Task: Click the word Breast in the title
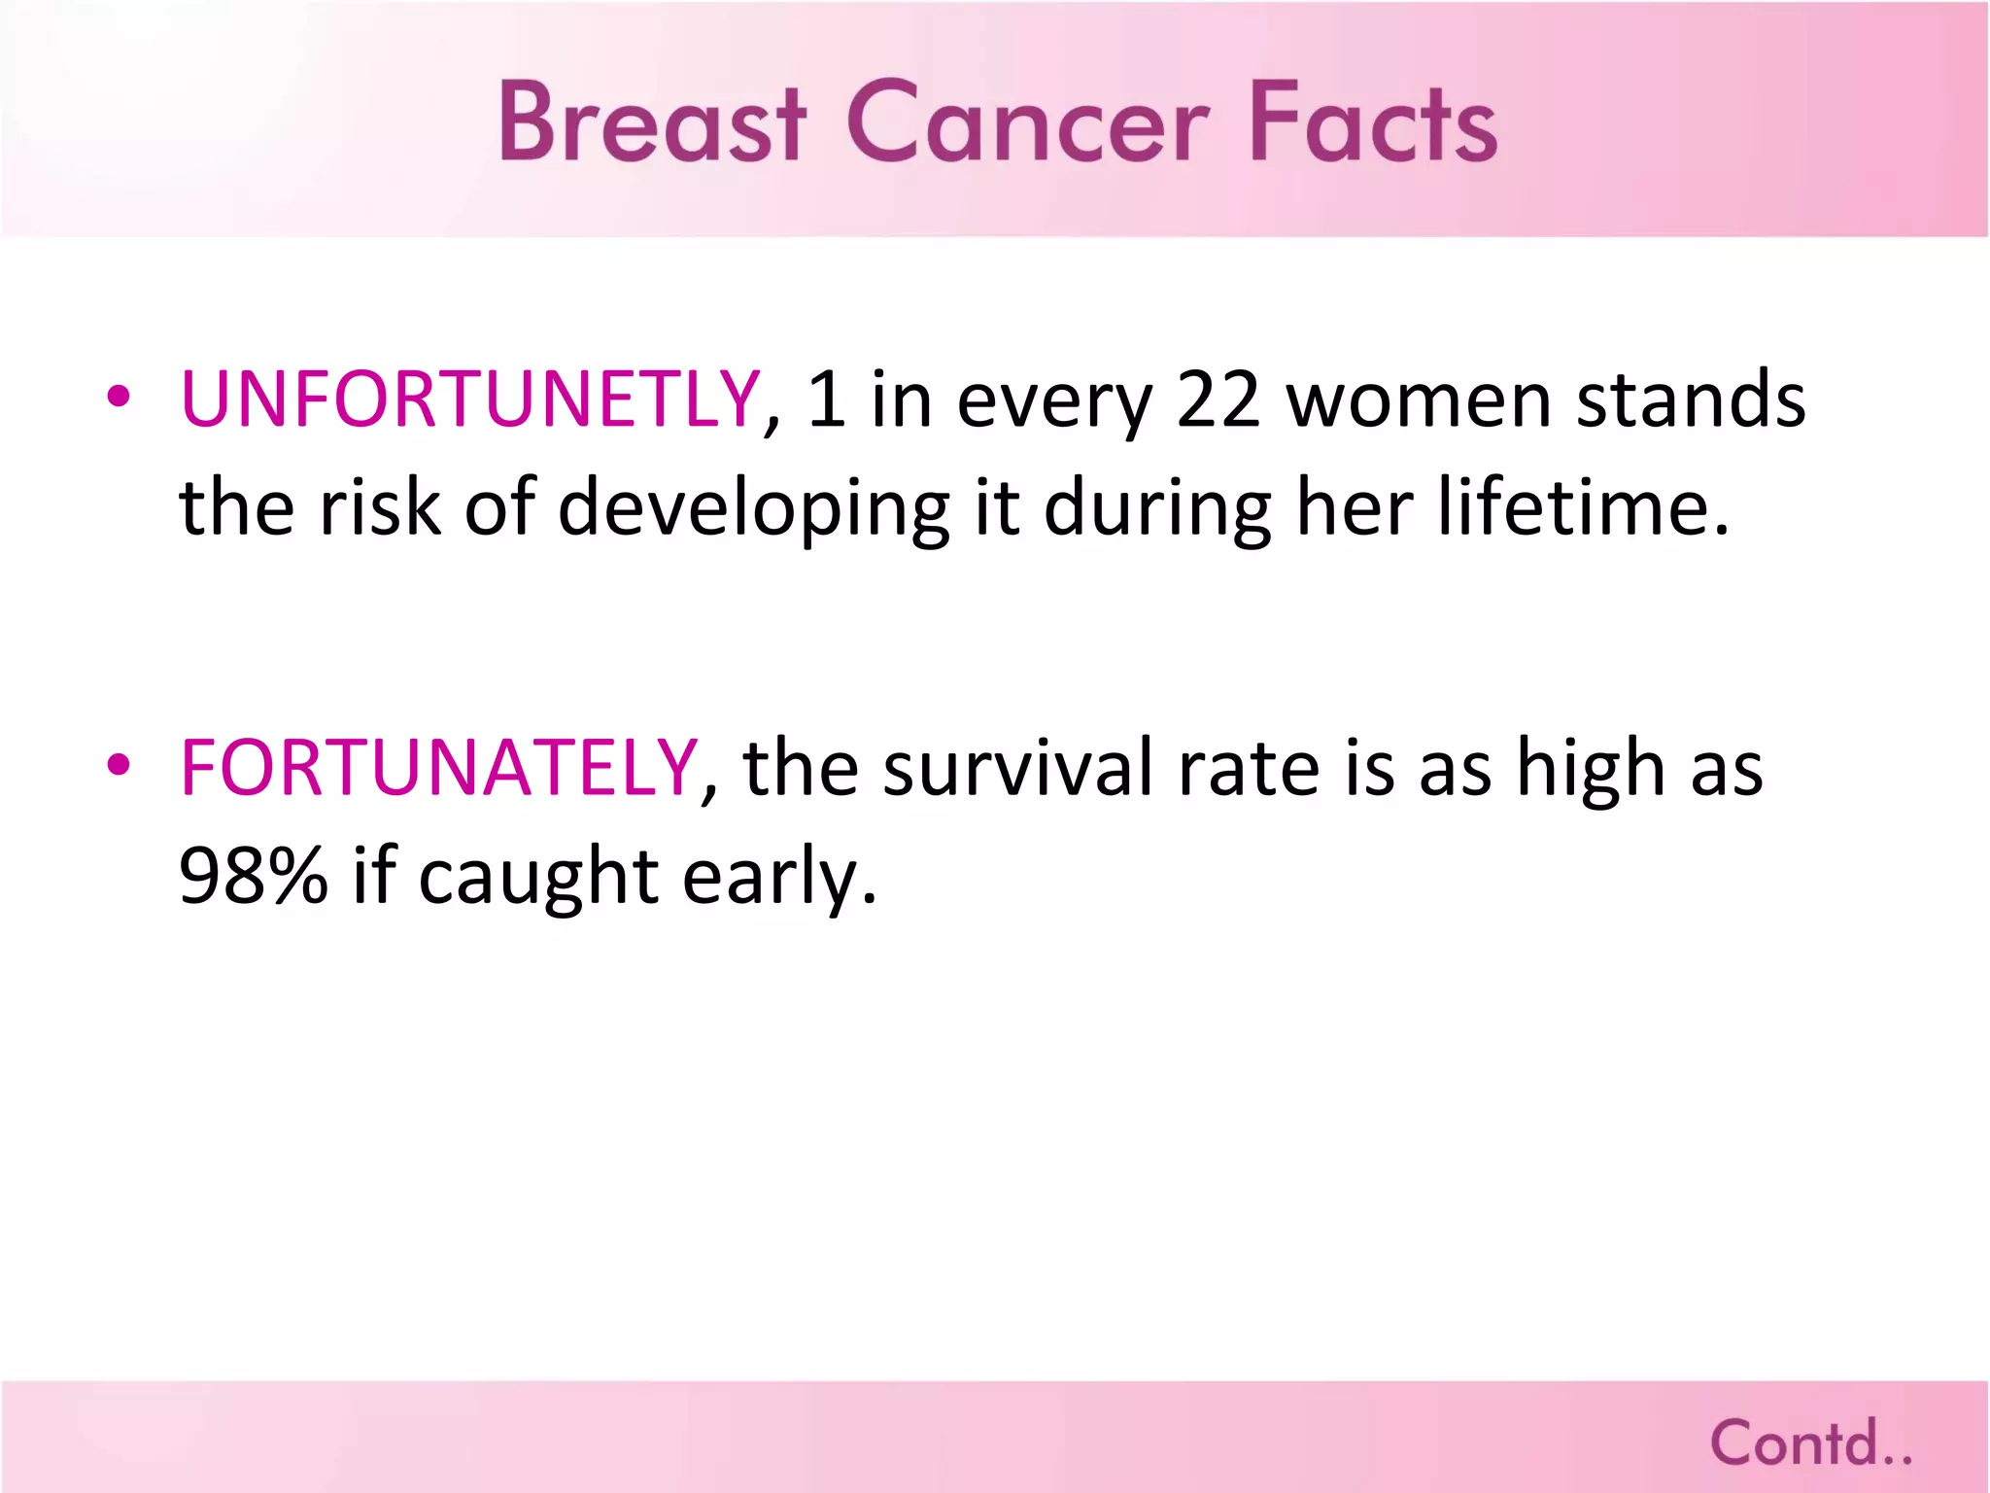pyautogui.click(x=652, y=122)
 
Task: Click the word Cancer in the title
pyautogui.click(x=1028, y=122)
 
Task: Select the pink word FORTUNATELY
pyautogui.click(x=439, y=768)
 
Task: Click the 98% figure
pyautogui.click(x=254, y=876)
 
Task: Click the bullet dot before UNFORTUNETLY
pyautogui.click(x=119, y=398)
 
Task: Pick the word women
pyautogui.click(x=1419, y=400)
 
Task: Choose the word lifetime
pyautogui.click(x=1584, y=507)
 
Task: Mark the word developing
pyautogui.click(x=754, y=509)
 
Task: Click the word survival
pyautogui.click(x=1017, y=768)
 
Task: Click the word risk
pyautogui.click(x=380, y=507)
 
